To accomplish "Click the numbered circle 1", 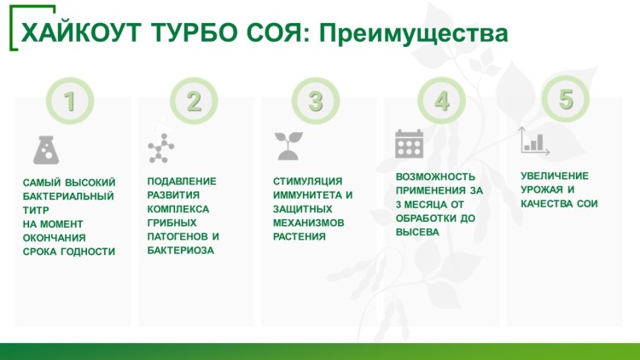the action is pos(70,101).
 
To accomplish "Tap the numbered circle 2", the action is pos(194,101).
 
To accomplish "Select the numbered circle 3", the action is pos(316,101).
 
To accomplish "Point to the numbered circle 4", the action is pos(442,101).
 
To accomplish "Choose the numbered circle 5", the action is pos(566,99).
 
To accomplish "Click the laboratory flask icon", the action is pos(46,150).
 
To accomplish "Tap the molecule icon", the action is pos(160,148).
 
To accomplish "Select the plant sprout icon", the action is pos(288,146).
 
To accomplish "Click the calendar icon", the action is pos(409,143).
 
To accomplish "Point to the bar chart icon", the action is pos(534,141).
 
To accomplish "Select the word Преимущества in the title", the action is pos(413,33).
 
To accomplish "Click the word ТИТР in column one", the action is pos(36,210).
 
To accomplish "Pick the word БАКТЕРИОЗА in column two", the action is pos(180,250).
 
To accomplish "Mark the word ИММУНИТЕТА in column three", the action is pos(307,195).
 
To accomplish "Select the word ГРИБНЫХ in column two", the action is pos(172,223).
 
